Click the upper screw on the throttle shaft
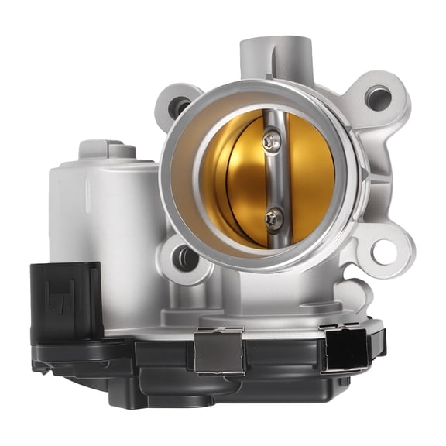269,140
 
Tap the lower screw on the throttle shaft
272,218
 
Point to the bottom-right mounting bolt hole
382,251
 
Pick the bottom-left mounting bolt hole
184,259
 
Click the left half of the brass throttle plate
232,178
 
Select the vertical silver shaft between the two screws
270,180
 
